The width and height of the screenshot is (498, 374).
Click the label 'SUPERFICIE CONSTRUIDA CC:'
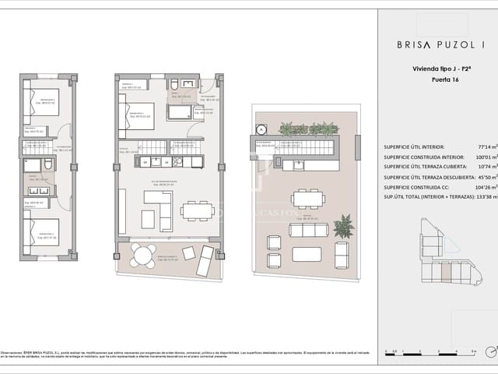421,188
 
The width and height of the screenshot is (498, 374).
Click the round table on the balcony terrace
142,252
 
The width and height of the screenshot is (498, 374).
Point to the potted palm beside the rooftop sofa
342,227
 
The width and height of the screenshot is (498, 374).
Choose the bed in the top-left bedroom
41,104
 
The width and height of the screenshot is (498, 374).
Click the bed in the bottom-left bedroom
40,233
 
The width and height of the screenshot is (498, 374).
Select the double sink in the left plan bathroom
37,191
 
